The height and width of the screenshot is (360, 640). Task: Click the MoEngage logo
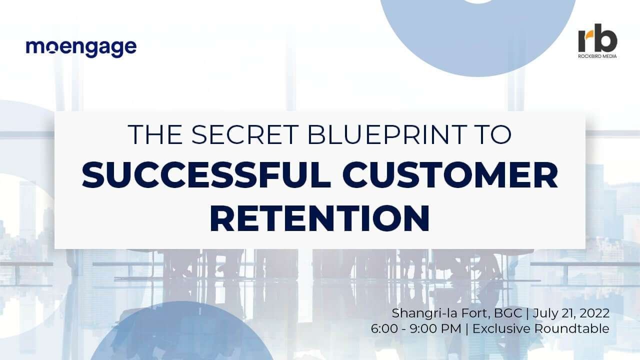[81, 48]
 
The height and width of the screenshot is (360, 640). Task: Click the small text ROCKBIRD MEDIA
[597, 56]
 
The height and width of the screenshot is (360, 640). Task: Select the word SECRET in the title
[244, 134]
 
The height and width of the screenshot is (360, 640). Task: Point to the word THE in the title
[155, 134]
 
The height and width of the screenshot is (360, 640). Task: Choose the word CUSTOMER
[450, 175]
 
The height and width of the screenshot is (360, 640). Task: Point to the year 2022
[594, 313]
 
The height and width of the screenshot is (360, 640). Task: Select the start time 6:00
[384, 328]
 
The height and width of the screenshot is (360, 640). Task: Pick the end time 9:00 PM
[435, 328]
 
